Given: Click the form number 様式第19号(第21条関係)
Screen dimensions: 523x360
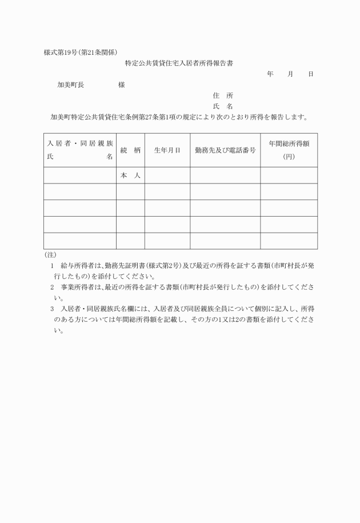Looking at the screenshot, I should (x=81, y=53).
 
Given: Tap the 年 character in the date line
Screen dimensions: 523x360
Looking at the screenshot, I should (x=270, y=74).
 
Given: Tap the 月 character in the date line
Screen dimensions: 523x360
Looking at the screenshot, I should (x=290, y=74).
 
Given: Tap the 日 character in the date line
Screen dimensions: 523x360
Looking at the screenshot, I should (x=310, y=74).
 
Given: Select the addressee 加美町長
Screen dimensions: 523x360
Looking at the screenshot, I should (x=71, y=85).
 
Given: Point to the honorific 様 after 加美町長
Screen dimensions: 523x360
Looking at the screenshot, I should (x=122, y=85).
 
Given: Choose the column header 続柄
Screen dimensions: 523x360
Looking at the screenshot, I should (x=130, y=150).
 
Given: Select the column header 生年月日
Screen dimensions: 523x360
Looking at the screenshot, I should (x=167, y=150).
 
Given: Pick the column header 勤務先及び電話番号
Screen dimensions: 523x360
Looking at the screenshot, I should (x=225, y=150).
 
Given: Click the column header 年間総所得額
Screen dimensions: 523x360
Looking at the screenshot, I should (x=289, y=143).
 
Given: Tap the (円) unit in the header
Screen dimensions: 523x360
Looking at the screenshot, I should (x=289, y=156).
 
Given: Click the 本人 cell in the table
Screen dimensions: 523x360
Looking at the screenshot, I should (x=130, y=175).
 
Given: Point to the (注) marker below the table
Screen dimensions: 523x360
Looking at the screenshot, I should (x=50, y=254).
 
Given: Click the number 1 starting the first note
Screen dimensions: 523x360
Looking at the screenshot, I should (x=53, y=266).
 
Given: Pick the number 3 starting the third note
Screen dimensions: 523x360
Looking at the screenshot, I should (x=53, y=309).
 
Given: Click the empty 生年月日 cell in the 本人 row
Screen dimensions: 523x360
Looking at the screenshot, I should (x=167, y=175).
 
